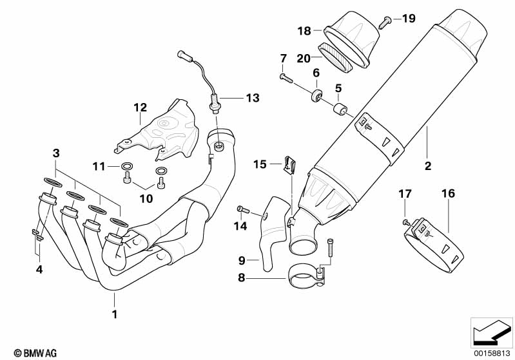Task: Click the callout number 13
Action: coord(252,98)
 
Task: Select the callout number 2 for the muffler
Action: coord(427,166)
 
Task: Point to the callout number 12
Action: coord(141,108)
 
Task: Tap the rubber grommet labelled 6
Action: coord(316,97)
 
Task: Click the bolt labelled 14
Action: coord(243,209)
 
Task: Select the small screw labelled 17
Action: coord(405,222)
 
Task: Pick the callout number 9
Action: coord(242,260)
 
